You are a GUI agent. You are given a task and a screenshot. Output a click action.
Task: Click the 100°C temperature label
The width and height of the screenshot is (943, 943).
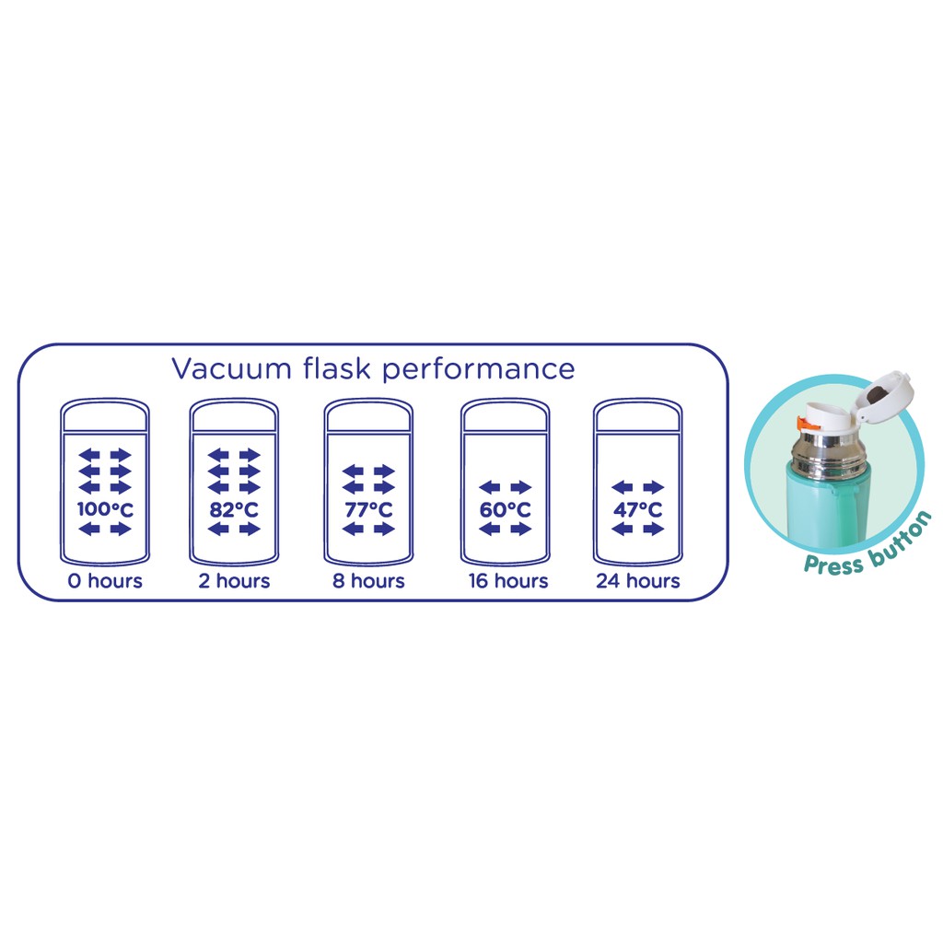pos(105,508)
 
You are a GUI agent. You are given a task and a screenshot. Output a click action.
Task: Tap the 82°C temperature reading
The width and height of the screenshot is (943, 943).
pos(234,508)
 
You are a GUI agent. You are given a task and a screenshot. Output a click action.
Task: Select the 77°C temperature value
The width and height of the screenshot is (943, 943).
pos(368,509)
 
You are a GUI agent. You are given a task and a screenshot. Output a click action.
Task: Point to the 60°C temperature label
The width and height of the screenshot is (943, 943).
pos(505,509)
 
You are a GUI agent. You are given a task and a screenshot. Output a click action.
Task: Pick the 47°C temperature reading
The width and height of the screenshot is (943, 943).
pos(638,509)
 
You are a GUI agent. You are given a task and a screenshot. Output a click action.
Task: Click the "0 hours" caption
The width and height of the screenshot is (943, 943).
pos(105,581)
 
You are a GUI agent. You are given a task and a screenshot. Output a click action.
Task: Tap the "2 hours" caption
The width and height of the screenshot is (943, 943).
pos(234,581)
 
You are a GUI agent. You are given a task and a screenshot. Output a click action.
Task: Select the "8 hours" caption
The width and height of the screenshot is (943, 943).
pos(368,581)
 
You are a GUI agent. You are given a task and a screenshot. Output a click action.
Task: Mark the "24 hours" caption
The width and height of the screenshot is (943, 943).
pos(638,581)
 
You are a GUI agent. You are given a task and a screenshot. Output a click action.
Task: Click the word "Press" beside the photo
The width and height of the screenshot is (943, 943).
pos(832,562)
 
